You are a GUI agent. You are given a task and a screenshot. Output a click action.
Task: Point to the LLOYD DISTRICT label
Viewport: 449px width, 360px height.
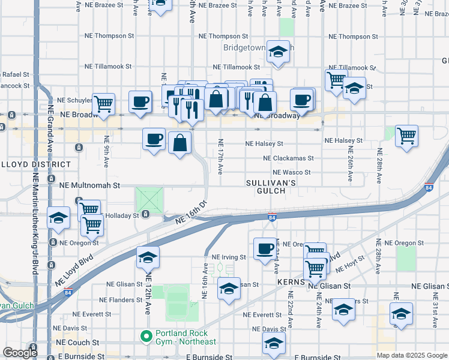pyautogui.click(x=35, y=164)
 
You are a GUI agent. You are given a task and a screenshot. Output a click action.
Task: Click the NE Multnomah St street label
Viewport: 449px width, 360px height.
pyautogui.click(x=89, y=186)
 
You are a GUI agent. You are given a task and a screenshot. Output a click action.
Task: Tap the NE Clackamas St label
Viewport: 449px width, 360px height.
pyautogui.click(x=288, y=158)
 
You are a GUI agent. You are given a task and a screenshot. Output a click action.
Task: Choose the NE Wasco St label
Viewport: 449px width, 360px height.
pyautogui.click(x=291, y=172)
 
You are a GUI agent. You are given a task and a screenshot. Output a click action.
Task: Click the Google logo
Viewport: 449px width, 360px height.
pyautogui.click(x=20, y=353)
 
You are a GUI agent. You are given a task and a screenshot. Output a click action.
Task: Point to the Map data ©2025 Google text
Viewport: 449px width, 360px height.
pyautogui.click(x=411, y=355)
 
